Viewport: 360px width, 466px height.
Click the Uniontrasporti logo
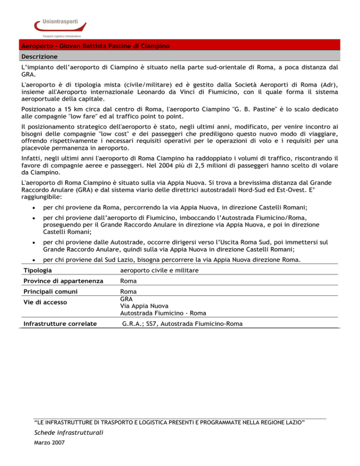[59, 27]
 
